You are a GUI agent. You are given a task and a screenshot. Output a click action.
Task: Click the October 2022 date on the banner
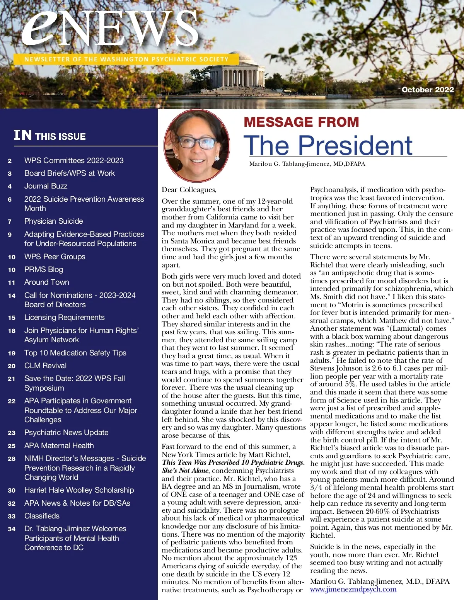[428, 90]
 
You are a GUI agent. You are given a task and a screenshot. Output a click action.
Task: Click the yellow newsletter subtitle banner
[126, 59]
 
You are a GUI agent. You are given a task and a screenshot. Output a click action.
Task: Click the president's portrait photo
[197, 146]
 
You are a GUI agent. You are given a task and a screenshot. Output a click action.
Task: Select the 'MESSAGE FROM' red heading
[301, 122]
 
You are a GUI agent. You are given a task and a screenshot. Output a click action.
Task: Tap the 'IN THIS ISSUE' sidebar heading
[49, 136]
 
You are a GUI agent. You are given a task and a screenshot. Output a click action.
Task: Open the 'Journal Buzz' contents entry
[46, 186]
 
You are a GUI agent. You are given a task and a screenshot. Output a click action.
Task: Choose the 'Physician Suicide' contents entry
[53, 221]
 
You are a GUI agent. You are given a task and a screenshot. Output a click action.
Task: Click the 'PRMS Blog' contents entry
[43, 269]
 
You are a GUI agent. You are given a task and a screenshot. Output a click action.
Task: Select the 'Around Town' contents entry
[46, 282]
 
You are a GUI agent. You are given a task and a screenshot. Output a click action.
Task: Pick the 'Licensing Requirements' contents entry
[64, 317]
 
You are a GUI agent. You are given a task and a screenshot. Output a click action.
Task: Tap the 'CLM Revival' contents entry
[45, 365]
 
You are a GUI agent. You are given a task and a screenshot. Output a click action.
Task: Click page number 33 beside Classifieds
[12, 516]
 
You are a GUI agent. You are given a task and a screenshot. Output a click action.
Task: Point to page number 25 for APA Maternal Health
[12, 446]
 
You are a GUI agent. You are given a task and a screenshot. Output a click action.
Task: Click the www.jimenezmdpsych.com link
[353, 589]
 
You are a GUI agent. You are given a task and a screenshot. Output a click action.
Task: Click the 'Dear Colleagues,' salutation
[189, 190]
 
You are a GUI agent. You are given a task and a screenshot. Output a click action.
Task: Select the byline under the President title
[307, 164]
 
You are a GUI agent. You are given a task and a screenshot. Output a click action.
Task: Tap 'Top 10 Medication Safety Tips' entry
[75, 353]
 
